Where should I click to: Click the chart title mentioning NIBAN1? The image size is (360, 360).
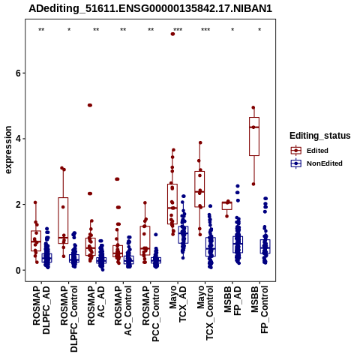[x=150, y=8]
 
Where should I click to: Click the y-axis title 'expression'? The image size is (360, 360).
[x=8, y=150]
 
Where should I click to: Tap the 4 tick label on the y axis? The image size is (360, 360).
[x=18, y=139]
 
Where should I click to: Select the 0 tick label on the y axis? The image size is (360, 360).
[x=18, y=270]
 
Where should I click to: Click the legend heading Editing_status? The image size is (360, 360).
[x=320, y=136]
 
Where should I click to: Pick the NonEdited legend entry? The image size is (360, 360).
[x=316, y=163]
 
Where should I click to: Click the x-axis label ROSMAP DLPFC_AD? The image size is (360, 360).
[x=41, y=310]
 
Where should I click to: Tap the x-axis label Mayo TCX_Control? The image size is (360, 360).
[x=205, y=313]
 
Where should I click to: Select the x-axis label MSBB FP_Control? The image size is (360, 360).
[x=259, y=310]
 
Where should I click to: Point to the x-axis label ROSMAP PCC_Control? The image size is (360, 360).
[x=151, y=313]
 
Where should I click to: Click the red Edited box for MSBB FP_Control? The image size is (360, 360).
[x=254, y=136]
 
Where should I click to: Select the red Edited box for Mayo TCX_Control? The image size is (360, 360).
[x=199, y=189]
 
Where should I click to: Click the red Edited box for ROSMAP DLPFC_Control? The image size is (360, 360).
[x=63, y=220]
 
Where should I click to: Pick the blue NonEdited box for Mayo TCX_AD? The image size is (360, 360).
[x=183, y=235]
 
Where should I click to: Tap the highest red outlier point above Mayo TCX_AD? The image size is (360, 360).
[x=172, y=34]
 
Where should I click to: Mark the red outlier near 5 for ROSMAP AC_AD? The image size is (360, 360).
[x=90, y=105]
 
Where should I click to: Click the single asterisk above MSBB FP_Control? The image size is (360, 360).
[x=259, y=30]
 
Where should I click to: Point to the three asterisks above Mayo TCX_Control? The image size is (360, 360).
[x=205, y=30]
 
